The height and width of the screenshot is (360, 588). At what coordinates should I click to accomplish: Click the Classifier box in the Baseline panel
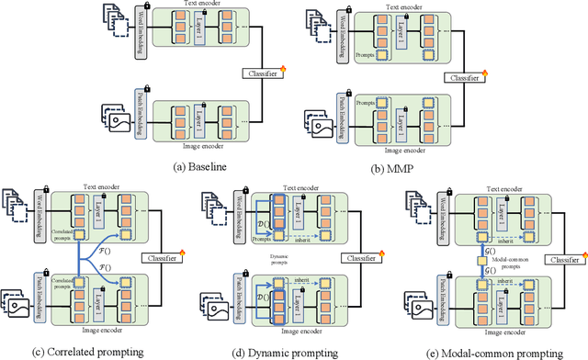coord(259,72)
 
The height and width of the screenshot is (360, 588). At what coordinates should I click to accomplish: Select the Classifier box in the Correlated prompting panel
coord(160,256)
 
